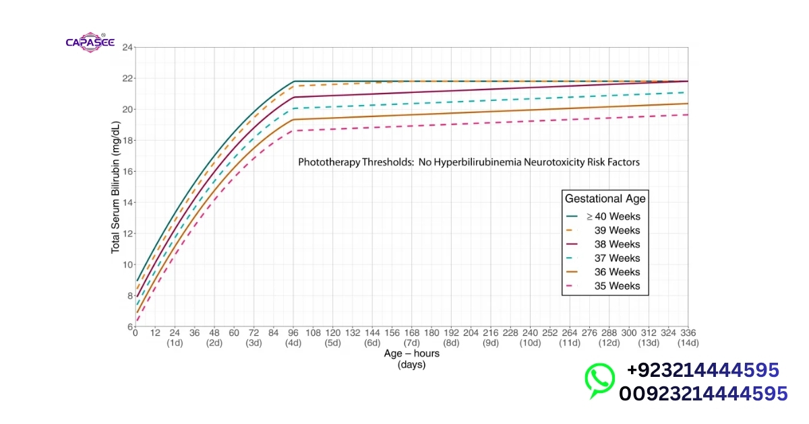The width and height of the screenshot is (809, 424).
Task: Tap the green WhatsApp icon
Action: (x=599, y=381)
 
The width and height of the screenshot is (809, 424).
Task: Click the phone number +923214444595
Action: (x=703, y=370)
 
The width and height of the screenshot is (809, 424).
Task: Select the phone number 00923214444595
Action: (x=703, y=393)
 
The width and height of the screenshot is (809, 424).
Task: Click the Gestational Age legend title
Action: (x=605, y=199)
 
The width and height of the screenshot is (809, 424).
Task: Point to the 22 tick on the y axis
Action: (x=128, y=78)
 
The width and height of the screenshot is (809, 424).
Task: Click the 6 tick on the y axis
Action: (x=130, y=327)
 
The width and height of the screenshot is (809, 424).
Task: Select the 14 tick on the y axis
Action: (x=128, y=203)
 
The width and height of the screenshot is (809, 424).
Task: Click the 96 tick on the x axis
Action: (x=293, y=333)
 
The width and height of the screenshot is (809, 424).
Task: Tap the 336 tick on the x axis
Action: (x=688, y=333)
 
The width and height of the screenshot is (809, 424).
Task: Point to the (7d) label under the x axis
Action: (x=412, y=343)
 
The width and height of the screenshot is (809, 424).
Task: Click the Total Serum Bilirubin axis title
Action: (x=115, y=187)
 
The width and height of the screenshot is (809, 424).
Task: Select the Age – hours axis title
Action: (x=411, y=353)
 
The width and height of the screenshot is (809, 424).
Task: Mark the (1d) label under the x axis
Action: (x=175, y=343)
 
